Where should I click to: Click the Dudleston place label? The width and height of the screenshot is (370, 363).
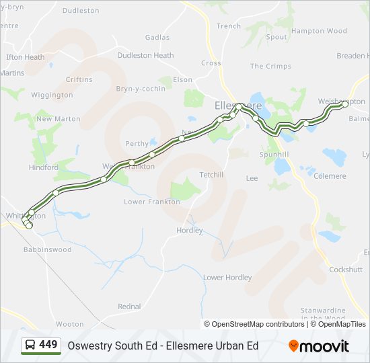click(80, 11)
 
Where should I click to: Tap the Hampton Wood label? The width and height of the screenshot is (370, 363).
click(319, 31)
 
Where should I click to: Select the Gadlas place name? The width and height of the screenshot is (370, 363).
click(157, 38)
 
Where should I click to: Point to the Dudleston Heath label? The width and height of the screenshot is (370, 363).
click(145, 56)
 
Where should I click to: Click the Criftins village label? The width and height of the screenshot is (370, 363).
click(79, 79)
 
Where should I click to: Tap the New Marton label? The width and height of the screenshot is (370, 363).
click(58, 119)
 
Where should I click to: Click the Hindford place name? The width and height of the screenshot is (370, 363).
click(44, 167)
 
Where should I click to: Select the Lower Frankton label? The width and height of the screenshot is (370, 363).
click(152, 202)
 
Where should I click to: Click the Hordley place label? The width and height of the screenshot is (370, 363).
click(189, 231)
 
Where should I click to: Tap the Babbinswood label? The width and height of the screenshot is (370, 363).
click(47, 250)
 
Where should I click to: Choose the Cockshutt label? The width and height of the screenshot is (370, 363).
click(346, 270)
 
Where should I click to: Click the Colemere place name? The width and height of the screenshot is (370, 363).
click(330, 176)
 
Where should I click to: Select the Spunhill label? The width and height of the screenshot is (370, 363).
click(274, 155)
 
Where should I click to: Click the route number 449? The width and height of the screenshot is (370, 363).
click(48, 345)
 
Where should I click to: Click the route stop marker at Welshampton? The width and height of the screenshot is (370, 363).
click(344, 104)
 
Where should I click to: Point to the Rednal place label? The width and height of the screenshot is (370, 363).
click(129, 307)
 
